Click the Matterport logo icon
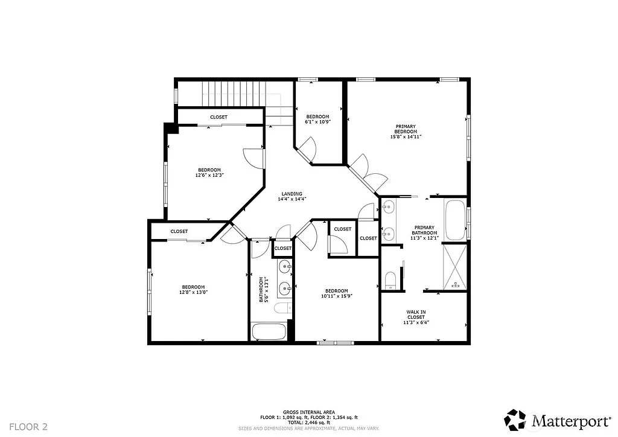tap(515, 419)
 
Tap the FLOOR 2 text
tap(28, 426)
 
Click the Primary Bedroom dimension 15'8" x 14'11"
tap(406, 137)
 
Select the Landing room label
tap(292, 194)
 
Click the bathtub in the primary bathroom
tap(456, 220)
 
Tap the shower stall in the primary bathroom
tap(454, 266)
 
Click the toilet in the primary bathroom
tap(390, 280)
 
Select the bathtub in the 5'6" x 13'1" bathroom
tap(269, 331)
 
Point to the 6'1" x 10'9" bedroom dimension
tap(317, 122)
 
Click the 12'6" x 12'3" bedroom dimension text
tap(209, 175)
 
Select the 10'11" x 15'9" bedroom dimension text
tap(336, 296)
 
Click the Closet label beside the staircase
tap(218, 116)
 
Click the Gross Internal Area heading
tap(309, 412)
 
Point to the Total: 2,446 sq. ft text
tap(309, 423)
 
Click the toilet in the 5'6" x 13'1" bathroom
tap(282, 309)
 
